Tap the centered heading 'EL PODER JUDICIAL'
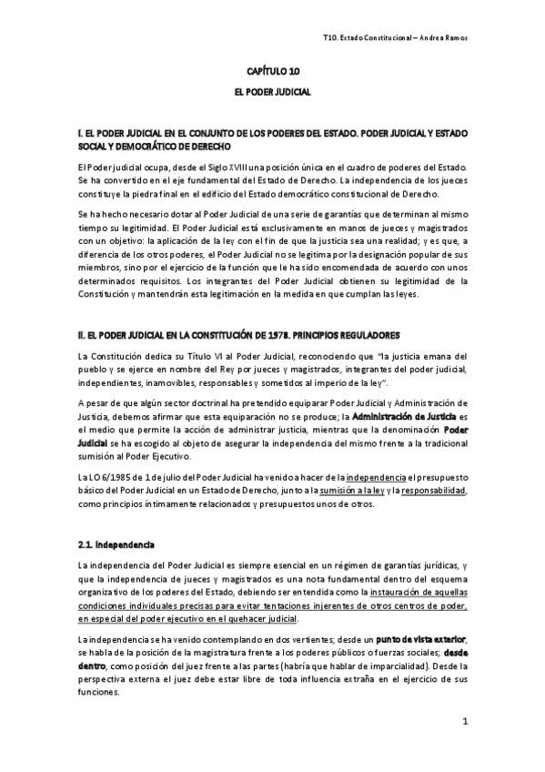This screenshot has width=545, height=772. coord(273,92)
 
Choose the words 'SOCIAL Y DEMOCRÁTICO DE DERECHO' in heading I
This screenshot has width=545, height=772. coord(155,146)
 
